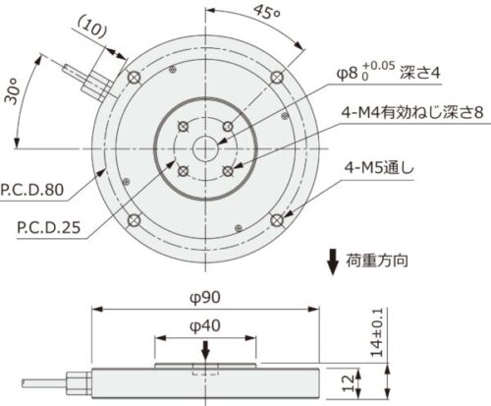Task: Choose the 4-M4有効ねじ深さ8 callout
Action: tap(406, 113)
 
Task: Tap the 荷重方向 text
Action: tap(378, 261)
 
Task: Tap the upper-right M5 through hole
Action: tap(278, 77)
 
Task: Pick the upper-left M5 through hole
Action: tap(135, 77)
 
